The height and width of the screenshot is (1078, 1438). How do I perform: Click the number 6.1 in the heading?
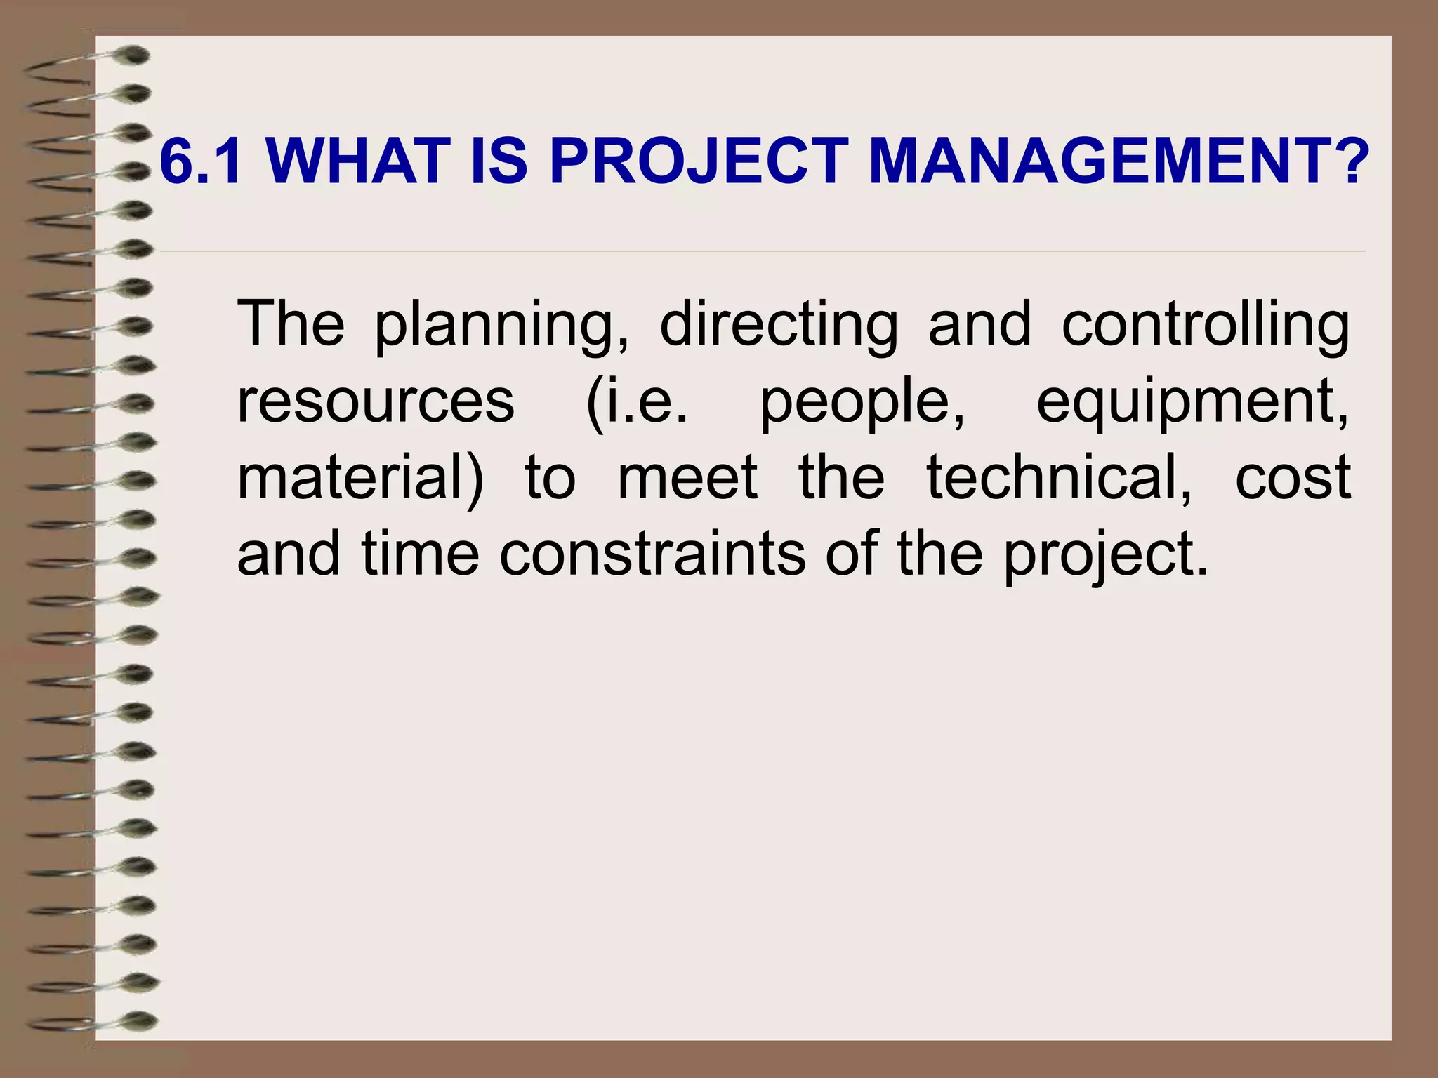202,161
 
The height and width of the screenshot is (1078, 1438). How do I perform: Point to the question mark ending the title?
1350,161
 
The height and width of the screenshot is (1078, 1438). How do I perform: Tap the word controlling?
1205,324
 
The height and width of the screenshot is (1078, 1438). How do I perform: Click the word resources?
376,402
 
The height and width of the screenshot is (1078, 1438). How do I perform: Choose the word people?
862,402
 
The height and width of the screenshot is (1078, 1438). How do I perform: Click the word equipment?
1192,402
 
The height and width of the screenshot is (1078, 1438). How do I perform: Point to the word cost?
1293,479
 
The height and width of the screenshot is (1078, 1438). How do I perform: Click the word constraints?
652,554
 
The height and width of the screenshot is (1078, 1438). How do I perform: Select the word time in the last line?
420,554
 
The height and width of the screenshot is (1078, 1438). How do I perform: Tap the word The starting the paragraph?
291,324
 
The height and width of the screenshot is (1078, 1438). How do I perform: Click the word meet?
687,479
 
